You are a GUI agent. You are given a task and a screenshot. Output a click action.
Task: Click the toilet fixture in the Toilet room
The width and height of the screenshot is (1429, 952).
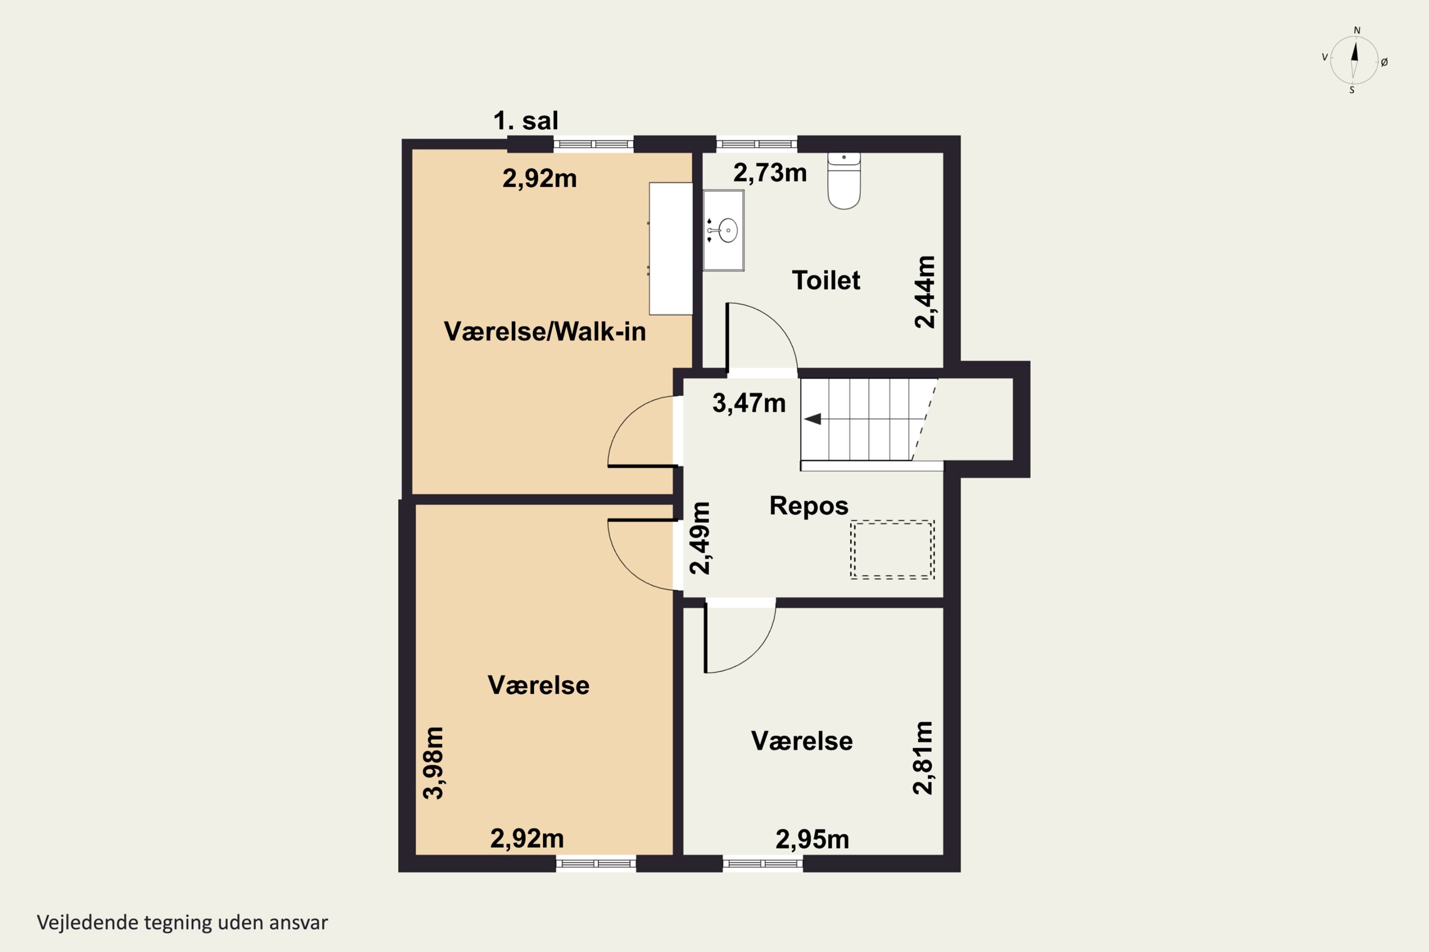point(844,181)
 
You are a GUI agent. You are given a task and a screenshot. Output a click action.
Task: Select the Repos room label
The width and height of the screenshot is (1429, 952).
point(809,506)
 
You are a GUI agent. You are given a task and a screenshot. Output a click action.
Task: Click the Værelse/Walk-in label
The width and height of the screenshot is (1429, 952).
point(545,331)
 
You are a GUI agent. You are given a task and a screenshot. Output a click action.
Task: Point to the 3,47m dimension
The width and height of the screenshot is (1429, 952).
point(749,403)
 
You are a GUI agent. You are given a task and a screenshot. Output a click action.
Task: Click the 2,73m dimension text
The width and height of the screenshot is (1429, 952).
point(770,173)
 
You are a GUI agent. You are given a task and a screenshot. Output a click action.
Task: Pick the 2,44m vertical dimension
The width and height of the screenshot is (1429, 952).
point(925,292)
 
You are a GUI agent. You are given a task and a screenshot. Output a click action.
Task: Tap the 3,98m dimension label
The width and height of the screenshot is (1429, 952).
point(433,763)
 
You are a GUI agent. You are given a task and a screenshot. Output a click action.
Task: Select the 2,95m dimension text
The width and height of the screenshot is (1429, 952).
point(812,840)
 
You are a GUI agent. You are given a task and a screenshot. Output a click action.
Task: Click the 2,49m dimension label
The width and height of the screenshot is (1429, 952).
point(699,538)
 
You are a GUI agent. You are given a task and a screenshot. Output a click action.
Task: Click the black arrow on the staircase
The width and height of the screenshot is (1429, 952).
point(813,419)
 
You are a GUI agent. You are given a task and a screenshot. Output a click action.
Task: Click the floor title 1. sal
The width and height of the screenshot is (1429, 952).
point(525,121)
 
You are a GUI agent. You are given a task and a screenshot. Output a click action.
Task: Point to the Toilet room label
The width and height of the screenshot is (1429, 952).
point(825,280)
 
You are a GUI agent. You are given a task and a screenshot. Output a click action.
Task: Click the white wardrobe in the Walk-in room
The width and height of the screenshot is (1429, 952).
point(671,249)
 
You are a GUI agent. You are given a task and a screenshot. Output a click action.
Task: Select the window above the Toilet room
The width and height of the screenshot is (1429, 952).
point(756,144)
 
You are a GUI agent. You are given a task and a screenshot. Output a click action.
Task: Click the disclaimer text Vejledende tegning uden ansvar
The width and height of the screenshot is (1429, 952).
point(182,923)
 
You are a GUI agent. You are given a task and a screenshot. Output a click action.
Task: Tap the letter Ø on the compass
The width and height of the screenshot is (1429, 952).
point(1384,62)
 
